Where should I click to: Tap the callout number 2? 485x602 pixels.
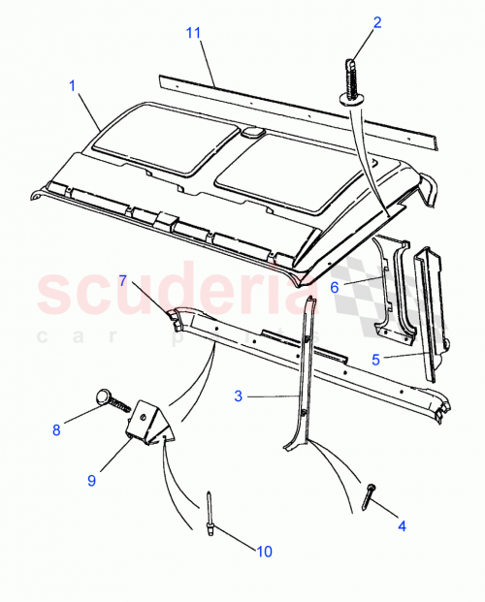[x=377, y=22]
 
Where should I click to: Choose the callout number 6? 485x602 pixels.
[x=333, y=287]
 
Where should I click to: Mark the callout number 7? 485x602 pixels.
[x=122, y=281]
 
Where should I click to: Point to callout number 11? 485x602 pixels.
[x=193, y=34]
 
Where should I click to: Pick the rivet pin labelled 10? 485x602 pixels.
[x=210, y=511]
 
